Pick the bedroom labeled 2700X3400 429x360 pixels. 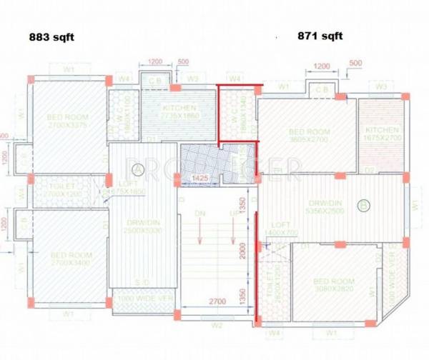[x=70, y=259]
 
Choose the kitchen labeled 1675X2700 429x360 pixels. [x=382, y=134]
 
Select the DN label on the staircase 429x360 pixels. [x=202, y=214]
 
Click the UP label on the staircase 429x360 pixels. [x=232, y=214]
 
